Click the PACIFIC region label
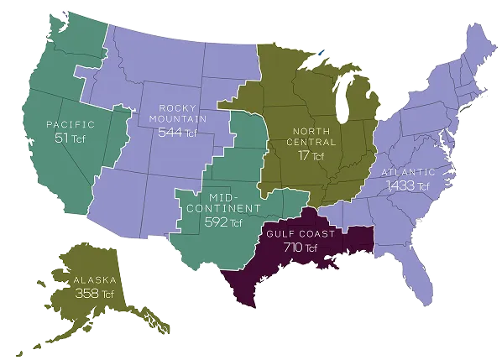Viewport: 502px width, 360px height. (70, 125)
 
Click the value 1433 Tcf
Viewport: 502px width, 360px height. (403, 186)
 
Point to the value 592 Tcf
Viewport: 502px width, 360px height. (222, 223)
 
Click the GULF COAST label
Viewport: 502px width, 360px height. (300, 233)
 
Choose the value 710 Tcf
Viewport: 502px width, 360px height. (300, 248)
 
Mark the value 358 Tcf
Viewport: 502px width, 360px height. (93, 295)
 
